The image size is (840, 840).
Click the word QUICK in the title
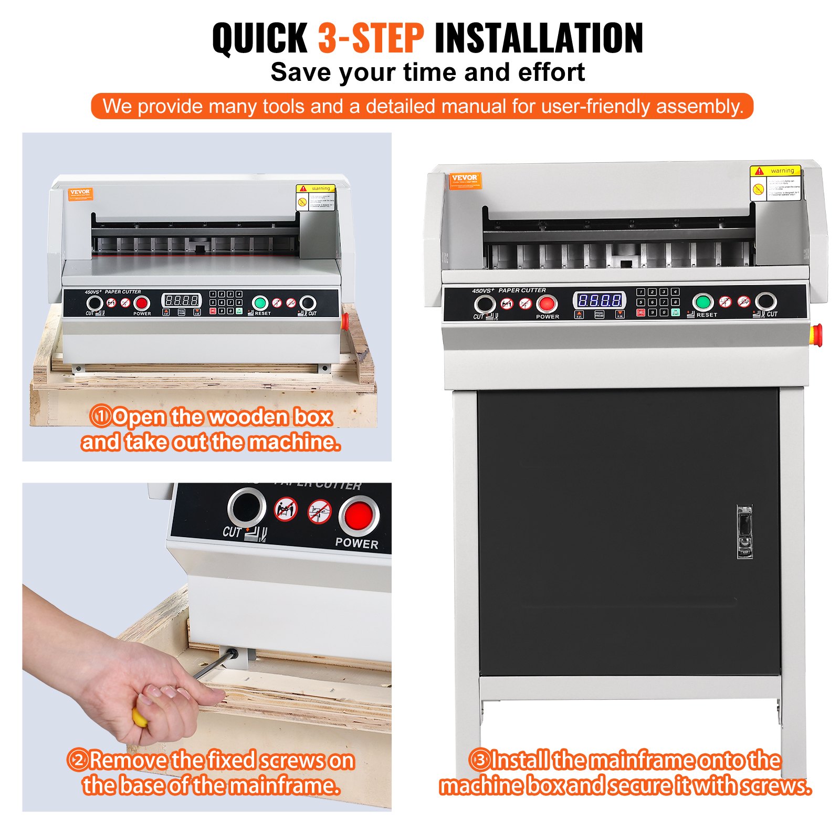pyautogui.click(x=259, y=38)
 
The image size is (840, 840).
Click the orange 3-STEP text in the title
pyautogui.click(x=371, y=38)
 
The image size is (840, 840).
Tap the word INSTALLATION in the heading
pyautogui.click(x=539, y=38)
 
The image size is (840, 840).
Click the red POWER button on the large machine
pyautogui.click(x=547, y=303)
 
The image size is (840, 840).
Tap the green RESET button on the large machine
pyautogui.click(x=702, y=302)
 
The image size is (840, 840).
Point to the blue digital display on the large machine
pyautogui.click(x=599, y=300)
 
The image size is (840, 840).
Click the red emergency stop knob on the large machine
pyautogui.click(x=816, y=334)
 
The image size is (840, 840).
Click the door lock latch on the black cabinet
pyautogui.click(x=744, y=531)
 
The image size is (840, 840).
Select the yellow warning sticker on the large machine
pyautogui.click(x=775, y=183)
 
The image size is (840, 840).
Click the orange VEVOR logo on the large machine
pyautogui.click(x=464, y=180)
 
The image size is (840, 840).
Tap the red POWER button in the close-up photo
pyautogui.click(x=358, y=514)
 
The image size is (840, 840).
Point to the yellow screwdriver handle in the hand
pyautogui.click(x=139, y=717)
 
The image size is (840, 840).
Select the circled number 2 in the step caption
pyautogui.click(x=78, y=760)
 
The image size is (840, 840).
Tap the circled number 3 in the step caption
pyautogui.click(x=479, y=760)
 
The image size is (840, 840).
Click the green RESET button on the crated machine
pyautogui.click(x=260, y=303)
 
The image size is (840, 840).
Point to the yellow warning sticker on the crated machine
pyautogui.click(x=316, y=197)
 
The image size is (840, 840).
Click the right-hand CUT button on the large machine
pyautogui.click(x=765, y=302)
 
